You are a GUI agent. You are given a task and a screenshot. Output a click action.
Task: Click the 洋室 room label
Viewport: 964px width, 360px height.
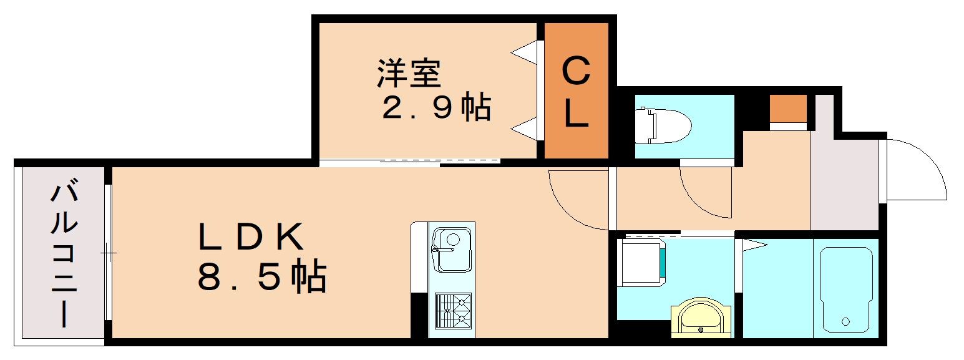409,74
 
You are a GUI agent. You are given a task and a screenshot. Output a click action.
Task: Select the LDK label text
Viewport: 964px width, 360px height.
251,237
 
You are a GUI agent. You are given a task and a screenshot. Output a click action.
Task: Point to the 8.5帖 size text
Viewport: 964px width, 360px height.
262,277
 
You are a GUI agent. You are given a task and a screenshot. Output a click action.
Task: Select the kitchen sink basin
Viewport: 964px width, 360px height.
451,250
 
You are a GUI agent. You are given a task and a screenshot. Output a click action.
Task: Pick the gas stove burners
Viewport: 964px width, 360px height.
452,310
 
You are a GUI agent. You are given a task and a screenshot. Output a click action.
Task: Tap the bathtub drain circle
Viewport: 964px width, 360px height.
845,322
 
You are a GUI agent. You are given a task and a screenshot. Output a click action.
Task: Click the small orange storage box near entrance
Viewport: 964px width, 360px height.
787,109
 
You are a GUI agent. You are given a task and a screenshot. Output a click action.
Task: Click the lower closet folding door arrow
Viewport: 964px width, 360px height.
525,129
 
